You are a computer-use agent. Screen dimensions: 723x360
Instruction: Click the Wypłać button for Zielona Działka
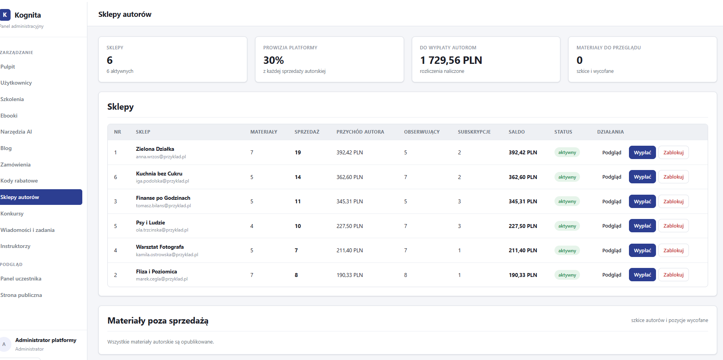pyautogui.click(x=642, y=152)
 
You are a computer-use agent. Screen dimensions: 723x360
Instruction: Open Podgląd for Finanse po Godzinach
pyautogui.click(x=612, y=201)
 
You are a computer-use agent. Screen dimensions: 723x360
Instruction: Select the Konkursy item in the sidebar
pyautogui.click(x=12, y=213)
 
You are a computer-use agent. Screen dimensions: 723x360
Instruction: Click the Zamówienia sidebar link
pyautogui.click(x=16, y=165)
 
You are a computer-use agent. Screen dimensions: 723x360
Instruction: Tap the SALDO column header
pyautogui.click(x=516, y=132)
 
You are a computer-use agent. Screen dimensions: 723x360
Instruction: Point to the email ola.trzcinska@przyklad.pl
pyautogui.click(x=162, y=230)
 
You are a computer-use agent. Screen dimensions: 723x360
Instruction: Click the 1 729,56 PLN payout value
pyautogui.click(x=451, y=60)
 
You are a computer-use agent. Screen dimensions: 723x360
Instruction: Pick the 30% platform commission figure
pyautogui.click(x=274, y=60)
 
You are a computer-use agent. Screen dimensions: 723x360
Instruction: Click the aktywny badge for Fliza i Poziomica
pyautogui.click(x=567, y=275)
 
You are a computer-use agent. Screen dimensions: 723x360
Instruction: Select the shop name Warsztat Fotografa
pyautogui.click(x=160, y=247)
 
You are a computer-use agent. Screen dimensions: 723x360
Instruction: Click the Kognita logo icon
pyautogui.click(x=5, y=15)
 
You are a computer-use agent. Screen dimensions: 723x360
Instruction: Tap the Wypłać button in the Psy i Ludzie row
pyautogui.click(x=642, y=226)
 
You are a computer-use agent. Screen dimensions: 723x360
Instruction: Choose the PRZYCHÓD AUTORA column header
pyautogui.click(x=360, y=132)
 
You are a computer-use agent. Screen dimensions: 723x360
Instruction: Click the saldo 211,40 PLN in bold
pyautogui.click(x=523, y=250)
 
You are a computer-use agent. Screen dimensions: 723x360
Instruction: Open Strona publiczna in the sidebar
pyautogui.click(x=21, y=295)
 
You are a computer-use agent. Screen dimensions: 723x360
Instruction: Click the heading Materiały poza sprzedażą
pyautogui.click(x=158, y=321)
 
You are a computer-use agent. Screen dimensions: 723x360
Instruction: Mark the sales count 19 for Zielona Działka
pyautogui.click(x=298, y=152)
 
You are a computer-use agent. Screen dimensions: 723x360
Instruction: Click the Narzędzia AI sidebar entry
pyautogui.click(x=16, y=132)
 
